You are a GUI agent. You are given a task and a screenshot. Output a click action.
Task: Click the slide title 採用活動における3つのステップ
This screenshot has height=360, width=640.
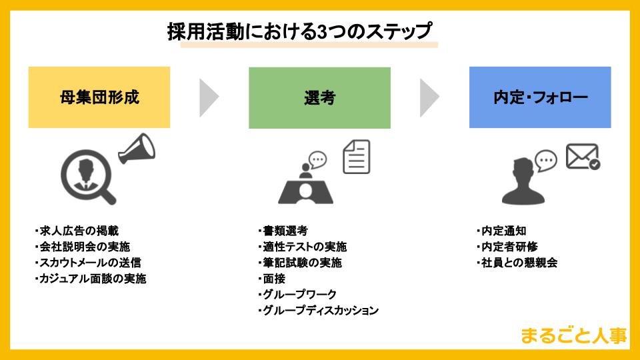pos(299,32)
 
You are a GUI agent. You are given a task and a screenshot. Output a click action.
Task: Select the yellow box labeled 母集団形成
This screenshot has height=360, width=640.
pos(99,97)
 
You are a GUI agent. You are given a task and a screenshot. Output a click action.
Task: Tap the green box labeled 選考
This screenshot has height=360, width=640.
pos(319,97)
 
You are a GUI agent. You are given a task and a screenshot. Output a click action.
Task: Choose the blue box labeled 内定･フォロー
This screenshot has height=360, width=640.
pos(540,97)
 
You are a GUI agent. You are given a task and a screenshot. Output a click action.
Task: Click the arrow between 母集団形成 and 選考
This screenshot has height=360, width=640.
pos(209,97)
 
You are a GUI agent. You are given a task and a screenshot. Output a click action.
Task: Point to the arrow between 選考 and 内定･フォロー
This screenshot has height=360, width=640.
pos(429,97)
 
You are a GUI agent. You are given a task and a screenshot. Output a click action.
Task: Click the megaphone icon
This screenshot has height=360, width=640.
pos(137,148)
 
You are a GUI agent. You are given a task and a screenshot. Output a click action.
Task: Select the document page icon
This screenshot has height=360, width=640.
pos(357,157)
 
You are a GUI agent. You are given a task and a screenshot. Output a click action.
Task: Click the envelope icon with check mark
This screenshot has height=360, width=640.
pos(582,157)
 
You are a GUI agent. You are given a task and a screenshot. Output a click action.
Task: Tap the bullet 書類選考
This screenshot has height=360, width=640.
pos(283,231)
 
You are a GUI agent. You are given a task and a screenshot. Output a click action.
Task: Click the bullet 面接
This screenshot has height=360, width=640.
pos(271,279)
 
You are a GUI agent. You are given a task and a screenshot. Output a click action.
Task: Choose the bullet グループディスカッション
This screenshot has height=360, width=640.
pos(318,311)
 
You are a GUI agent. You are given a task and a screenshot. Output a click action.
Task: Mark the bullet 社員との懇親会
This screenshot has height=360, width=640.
pos(518,263)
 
